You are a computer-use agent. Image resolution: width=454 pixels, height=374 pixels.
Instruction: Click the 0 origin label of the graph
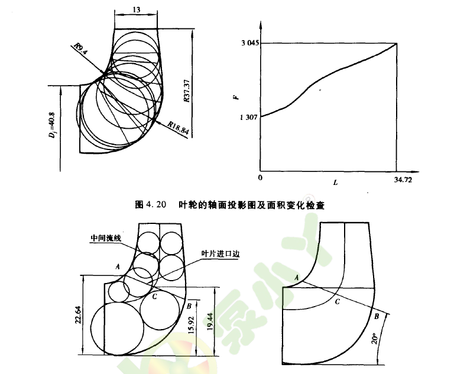(x=260, y=178)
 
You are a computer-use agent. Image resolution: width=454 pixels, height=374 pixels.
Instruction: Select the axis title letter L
(x=335, y=183)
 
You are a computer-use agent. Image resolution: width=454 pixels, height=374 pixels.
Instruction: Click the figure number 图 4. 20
(x=151, y=204)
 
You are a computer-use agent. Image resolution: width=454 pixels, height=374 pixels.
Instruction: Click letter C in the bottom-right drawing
(x=336, y=302)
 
